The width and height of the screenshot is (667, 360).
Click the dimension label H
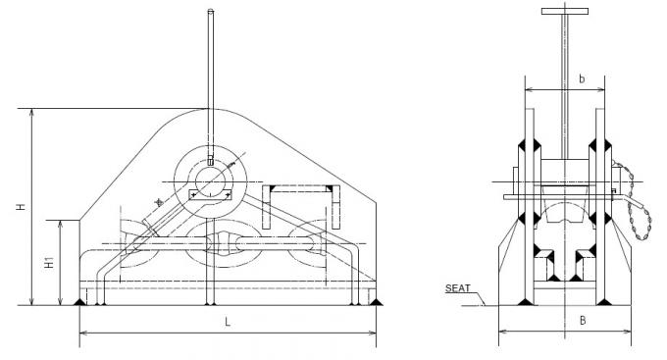tap(21, 207)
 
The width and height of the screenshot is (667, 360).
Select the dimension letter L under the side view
tap(227, 322)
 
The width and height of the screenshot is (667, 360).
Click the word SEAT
tap(457, 287)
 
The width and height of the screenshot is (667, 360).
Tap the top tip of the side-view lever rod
tap(211, 11)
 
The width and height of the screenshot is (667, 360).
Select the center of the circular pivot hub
tap(211, 178)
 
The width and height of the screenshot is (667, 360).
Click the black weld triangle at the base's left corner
tap(79, 300)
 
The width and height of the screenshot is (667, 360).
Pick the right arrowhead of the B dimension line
tap(628, 333)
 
